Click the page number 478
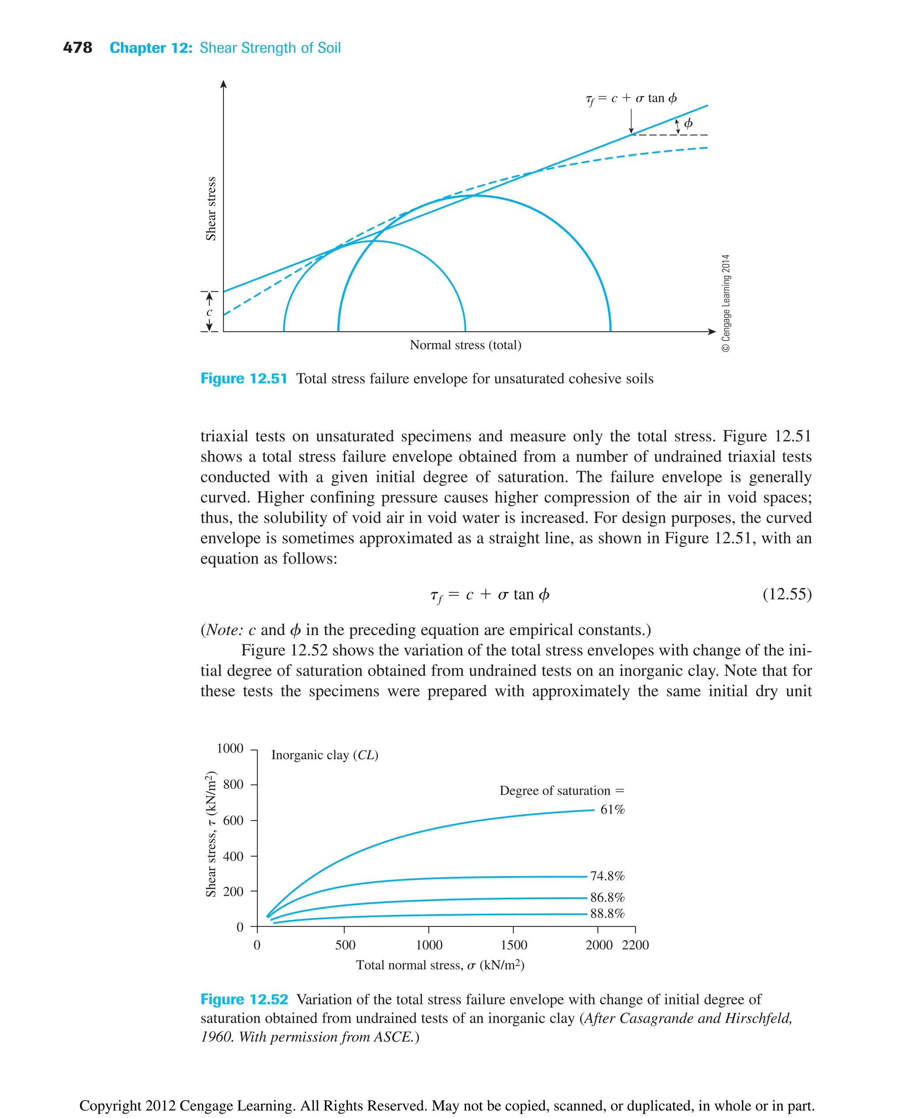(77, 48)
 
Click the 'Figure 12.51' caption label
(244, 379)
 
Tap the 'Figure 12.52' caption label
(244, 999)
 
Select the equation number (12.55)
(786, 594)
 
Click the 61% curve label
(612, 810)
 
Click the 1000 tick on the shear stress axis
(230, 749)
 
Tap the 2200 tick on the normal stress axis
(635, 945)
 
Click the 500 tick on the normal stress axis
(345, 945)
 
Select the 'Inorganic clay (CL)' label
(324, 755)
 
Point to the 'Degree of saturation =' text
(561, 791)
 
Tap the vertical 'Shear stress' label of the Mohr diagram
(211, 208)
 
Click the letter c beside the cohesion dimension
(209, 312)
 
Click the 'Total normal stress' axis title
(440, 965)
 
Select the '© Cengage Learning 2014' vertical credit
(726, 303)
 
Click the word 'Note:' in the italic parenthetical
(224, 630)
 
